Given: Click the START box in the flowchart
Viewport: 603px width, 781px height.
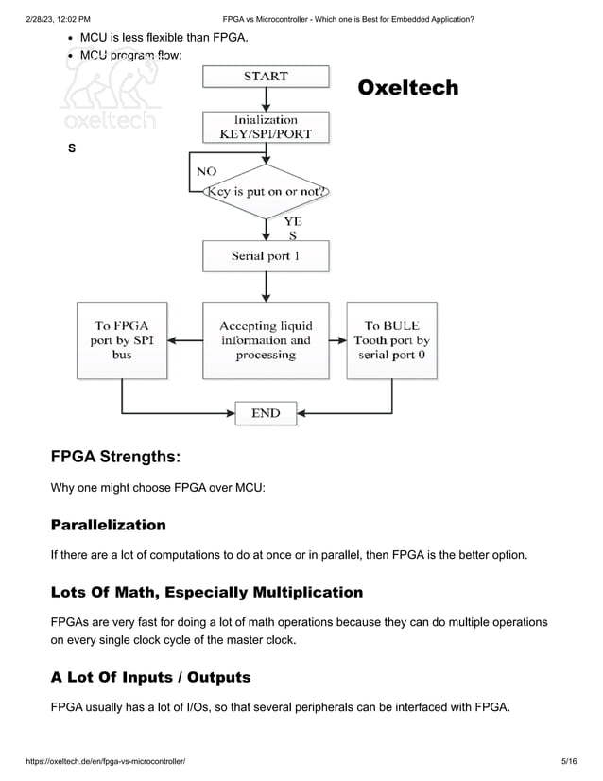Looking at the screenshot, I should click(x=266, y=76).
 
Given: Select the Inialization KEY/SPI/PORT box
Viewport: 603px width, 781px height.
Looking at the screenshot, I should click(x=266, y=127).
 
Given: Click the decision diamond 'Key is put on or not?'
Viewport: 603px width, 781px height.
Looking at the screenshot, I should click(x=266, y=191).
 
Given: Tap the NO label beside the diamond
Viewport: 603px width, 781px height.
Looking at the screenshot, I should click(x=205, y=171).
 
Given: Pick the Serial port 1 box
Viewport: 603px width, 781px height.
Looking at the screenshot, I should click(x=266, y=255).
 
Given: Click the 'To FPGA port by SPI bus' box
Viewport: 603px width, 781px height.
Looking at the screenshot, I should click(x=122, y=340).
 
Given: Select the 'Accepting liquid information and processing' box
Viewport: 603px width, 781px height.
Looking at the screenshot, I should click(x=266, y=340).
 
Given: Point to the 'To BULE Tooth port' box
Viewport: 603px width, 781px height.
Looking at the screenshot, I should click(x=391, y=340).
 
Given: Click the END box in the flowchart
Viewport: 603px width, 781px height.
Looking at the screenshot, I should click(x=266, y=413).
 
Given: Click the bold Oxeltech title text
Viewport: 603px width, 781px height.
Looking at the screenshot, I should click(x=407, y=88).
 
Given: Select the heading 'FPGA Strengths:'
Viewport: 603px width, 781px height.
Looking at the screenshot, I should click(x=114, y=457).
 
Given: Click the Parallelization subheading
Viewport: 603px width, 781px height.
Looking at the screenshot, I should click(x=108, y=525).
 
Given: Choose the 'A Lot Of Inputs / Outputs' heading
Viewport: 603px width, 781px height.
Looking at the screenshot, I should click(x=150, y=677).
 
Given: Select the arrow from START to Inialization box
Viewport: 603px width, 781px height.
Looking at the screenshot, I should click(x=266, y=99).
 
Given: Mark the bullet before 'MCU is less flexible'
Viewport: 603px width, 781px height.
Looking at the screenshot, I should click(x=71, y=38).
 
